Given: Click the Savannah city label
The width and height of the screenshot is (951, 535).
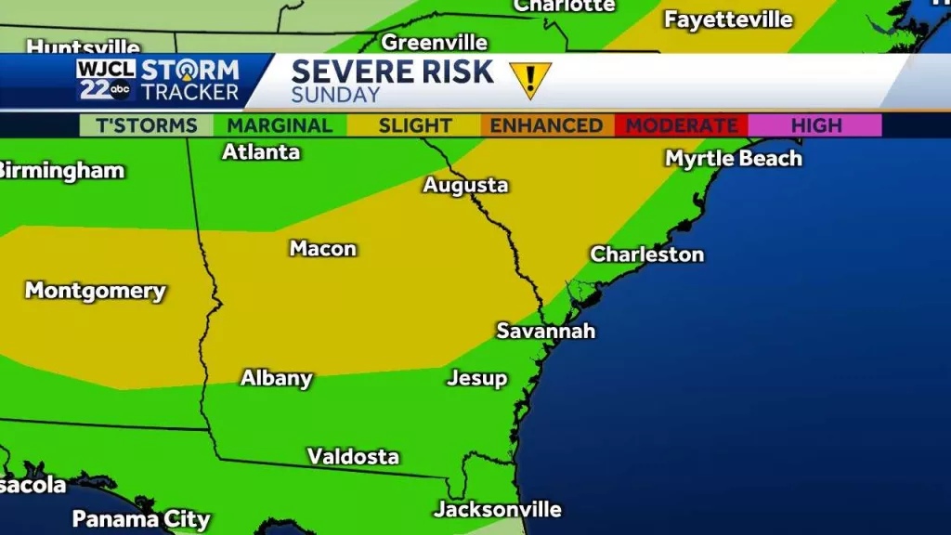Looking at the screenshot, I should click(545, 331).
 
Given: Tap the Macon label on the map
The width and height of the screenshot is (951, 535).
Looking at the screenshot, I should click(322, 248).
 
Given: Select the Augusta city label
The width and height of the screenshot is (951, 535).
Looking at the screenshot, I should click(465, 185).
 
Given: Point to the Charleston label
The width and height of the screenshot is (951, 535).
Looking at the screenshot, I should click(646, 254).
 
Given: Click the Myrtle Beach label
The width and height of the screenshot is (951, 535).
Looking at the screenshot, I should click(733, 158).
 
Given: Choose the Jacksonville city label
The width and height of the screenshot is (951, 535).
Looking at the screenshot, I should click(497, 509).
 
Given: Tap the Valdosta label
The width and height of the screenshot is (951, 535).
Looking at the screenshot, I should click(353, 456).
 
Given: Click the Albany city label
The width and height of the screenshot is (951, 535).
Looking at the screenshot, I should click(276, 378).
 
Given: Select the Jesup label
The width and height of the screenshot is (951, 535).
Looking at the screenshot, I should click(476, 378).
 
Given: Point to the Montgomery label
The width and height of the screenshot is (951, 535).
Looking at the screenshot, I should click(95, 290).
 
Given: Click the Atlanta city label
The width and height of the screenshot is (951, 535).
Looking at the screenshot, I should click(260, 151).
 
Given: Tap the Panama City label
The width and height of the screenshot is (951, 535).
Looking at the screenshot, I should click(141, 518).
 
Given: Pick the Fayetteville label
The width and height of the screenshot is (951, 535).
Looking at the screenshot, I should click(728, 20).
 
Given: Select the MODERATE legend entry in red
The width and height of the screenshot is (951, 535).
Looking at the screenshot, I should click(682, 125).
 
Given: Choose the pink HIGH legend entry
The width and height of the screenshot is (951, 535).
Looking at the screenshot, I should click(815, 125).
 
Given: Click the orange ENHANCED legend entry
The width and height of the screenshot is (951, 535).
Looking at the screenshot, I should click(546, 125).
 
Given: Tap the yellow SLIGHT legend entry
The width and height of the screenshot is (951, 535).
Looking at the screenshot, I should click(414, 125).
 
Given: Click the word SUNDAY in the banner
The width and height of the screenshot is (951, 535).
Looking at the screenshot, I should click(335, 95).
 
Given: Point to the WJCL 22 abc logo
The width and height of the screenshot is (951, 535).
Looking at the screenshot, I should click(106, 81).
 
